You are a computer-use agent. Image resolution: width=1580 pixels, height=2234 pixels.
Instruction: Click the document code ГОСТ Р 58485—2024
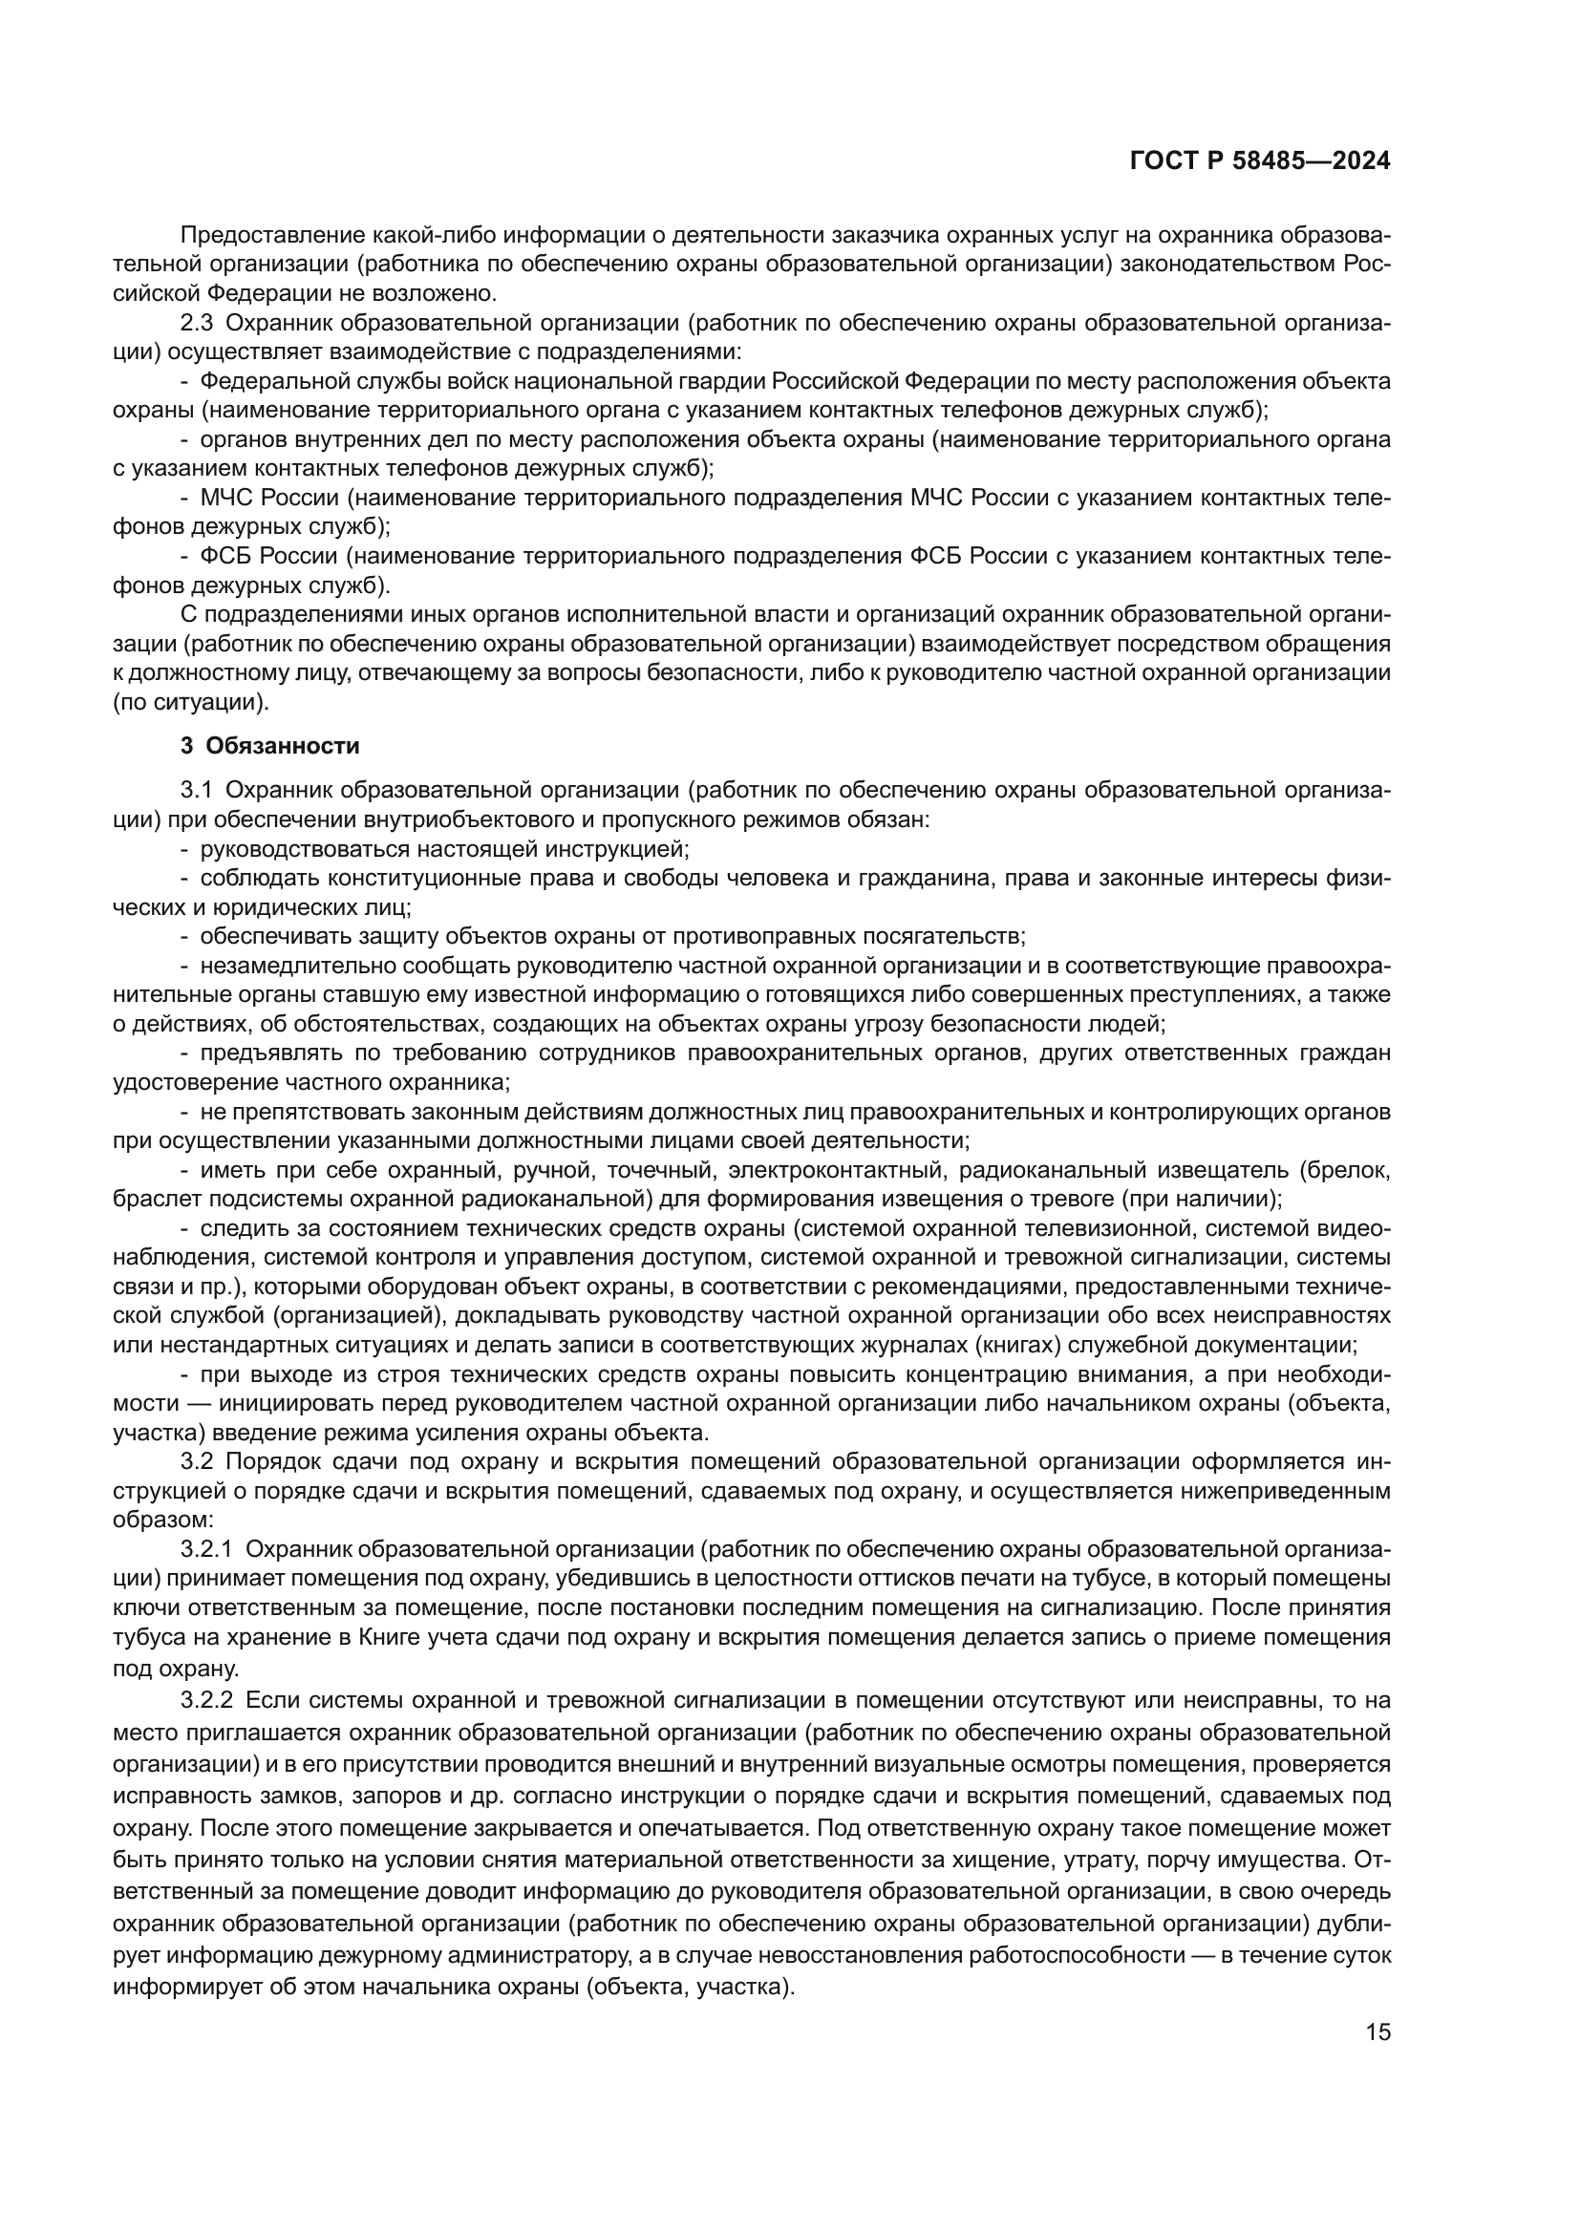coord(1260,161)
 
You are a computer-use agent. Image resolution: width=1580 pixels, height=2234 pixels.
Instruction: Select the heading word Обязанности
coord(283,746)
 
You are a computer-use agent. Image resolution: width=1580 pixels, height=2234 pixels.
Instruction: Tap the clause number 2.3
coord(198,323)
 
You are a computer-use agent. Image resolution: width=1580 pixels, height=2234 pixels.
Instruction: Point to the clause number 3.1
coord(198,790)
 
